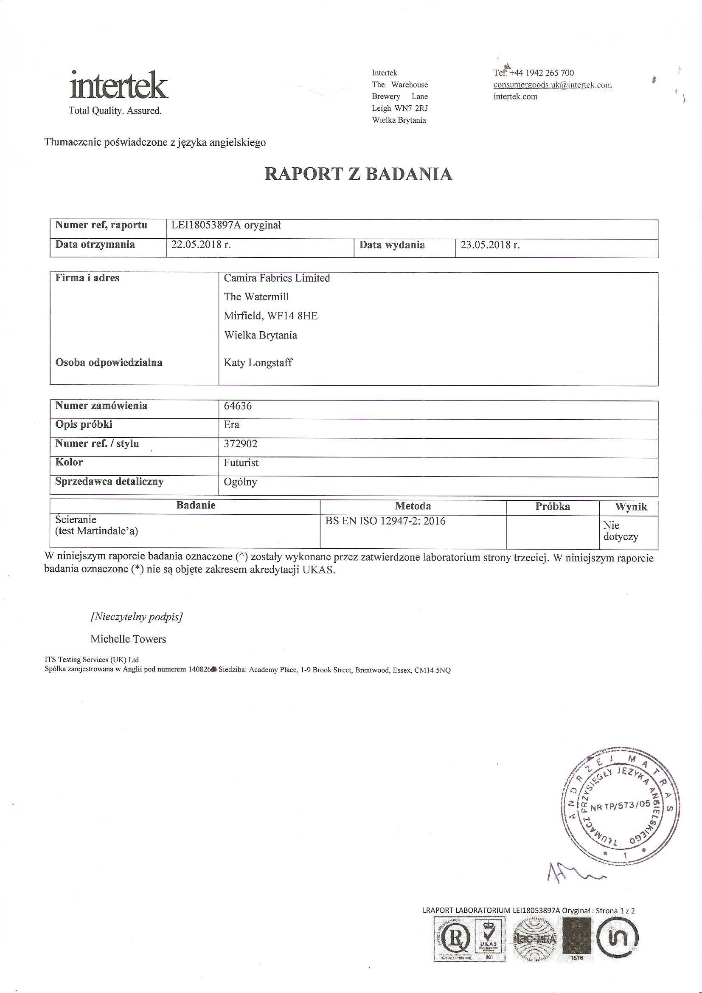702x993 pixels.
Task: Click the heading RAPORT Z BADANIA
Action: [x=358, y=174]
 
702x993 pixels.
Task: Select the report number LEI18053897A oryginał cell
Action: [x=226, y=225]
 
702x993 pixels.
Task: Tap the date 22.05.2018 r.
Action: [x=201, y=244]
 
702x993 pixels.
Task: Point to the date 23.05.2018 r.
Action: [x=490, y=245]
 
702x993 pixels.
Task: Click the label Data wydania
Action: [x=392, y=245]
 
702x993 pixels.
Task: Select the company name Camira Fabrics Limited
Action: [x=277, y=278]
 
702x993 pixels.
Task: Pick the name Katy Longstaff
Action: [x=258, y=362]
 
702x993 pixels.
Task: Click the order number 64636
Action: [x=238, y=406]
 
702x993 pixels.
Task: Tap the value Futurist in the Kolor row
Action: [x=241, y=463]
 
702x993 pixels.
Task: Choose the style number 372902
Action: [x=240, y=444]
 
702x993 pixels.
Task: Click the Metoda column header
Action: [x=413, y=506]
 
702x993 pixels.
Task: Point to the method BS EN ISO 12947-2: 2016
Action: [x=385, y=521]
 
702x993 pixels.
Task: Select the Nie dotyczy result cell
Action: [x=621, y=531]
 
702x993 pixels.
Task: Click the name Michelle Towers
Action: [x=128, y=639]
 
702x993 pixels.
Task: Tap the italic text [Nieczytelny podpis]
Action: [x=137, y=617]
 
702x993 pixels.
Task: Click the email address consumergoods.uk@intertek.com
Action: [x=553, y=85]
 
